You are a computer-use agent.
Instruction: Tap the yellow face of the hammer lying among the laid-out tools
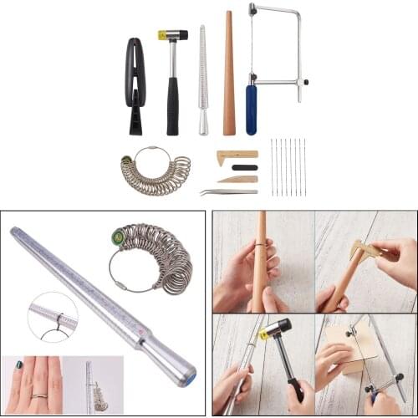161,35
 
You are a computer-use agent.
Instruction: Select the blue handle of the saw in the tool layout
251,108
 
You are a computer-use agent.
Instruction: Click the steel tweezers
227,191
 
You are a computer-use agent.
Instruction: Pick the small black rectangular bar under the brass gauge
244,167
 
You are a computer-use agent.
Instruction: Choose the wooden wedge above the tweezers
238,179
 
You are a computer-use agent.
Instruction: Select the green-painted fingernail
19,365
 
